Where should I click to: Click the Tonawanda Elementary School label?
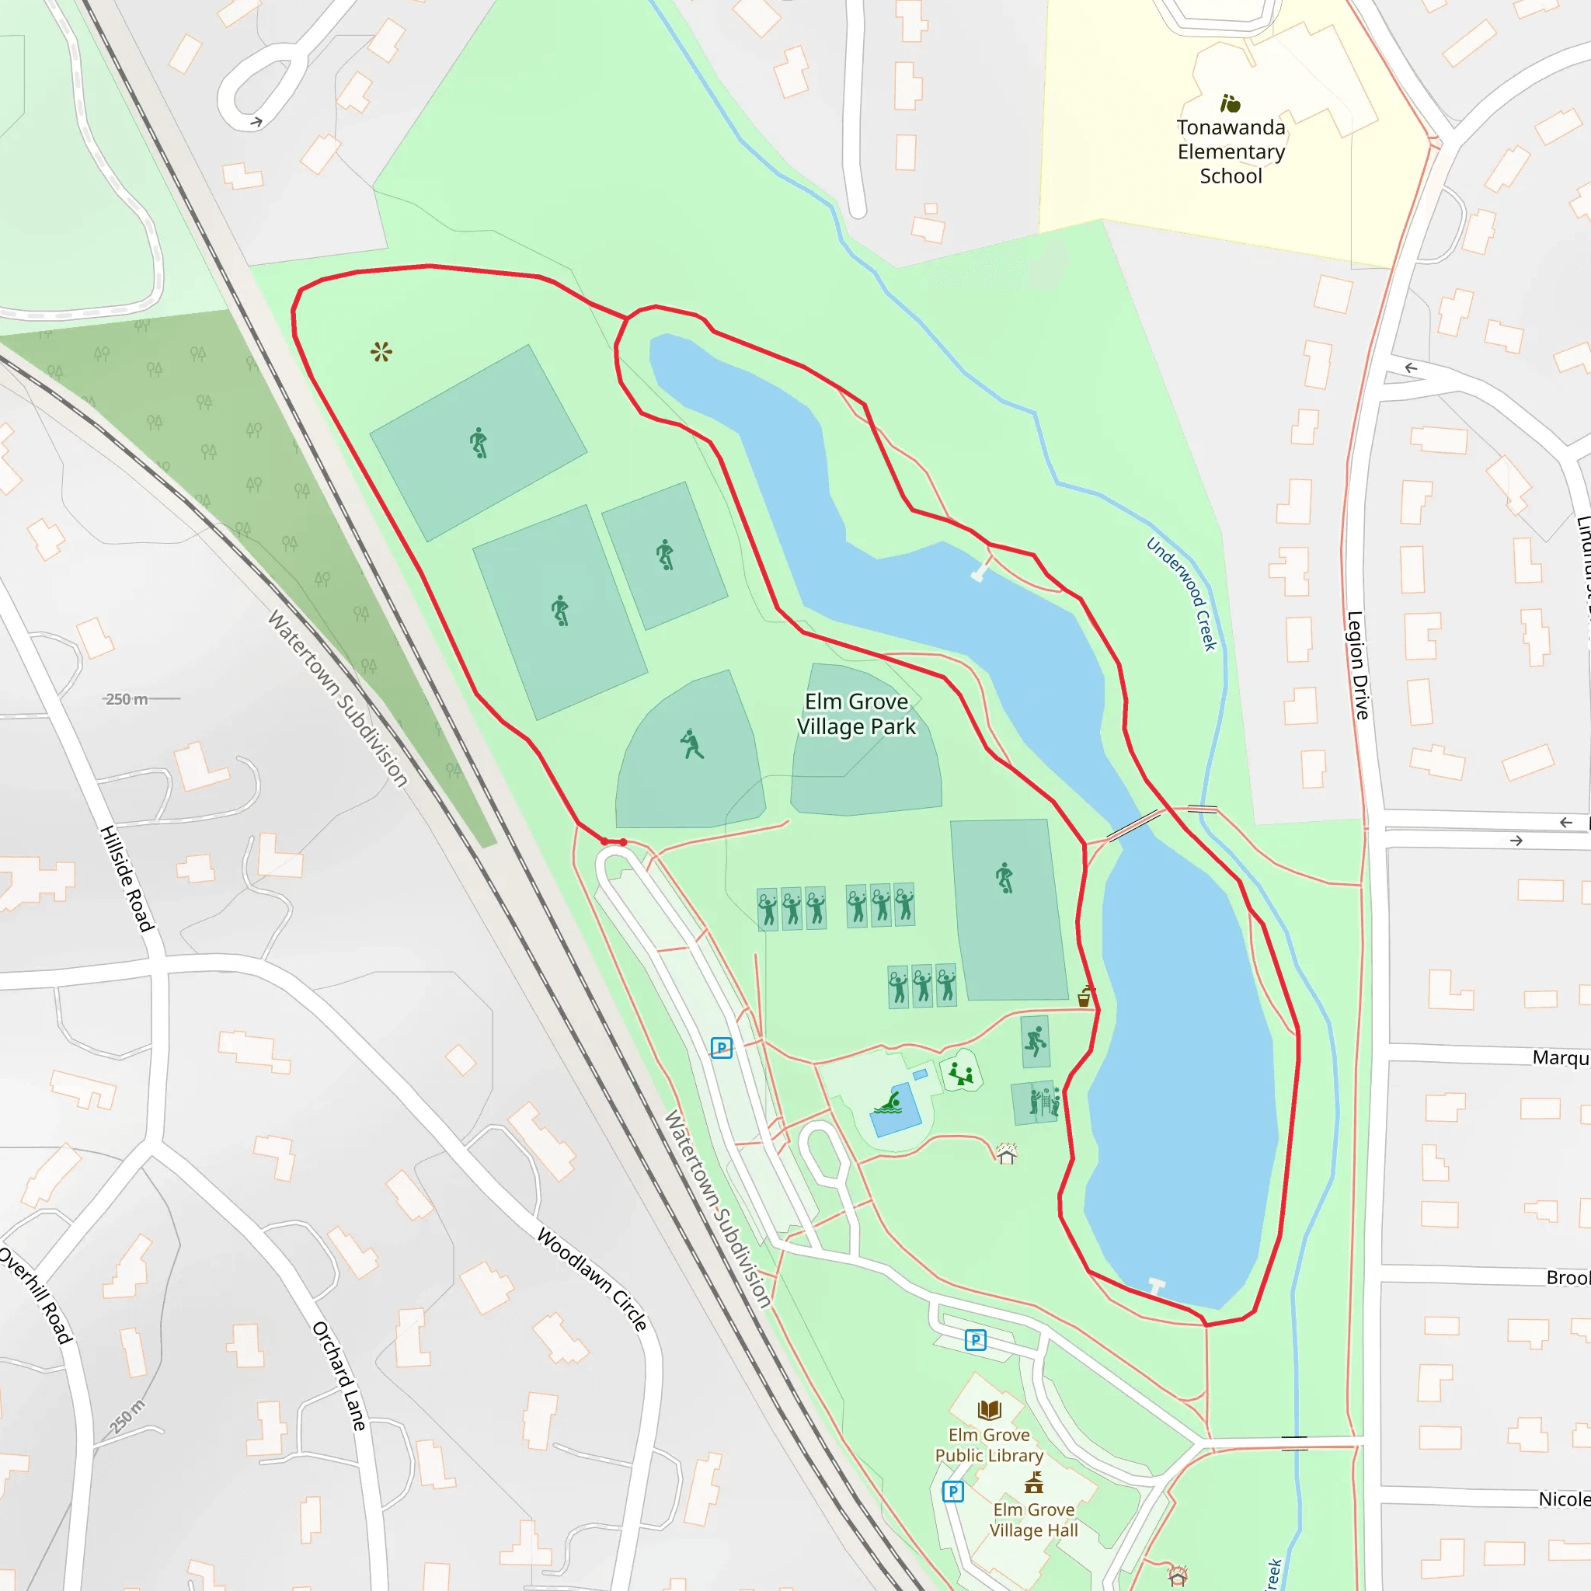[1231, 151]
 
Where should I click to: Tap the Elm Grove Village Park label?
[855, 714]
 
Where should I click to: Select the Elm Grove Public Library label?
[989, 1445]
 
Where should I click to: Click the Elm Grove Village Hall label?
[1033, 1520]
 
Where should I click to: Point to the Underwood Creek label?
[1182, 594]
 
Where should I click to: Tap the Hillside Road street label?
[127, 878]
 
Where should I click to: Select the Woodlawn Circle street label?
[592, 1279]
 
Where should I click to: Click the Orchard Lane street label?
[339, 1375]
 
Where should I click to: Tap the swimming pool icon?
[889, 1103]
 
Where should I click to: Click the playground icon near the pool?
[960, 1074]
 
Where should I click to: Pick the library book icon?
[989, 1410]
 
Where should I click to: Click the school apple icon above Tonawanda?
[1231, 104]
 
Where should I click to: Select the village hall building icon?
[1033, 1484]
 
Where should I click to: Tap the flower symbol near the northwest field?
[381, 353]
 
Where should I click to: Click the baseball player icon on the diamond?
[691, 744]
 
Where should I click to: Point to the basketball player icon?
[1035, 1042]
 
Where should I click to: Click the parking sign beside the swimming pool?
[722, 1048]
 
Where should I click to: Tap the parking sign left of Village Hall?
[952, 1492]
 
